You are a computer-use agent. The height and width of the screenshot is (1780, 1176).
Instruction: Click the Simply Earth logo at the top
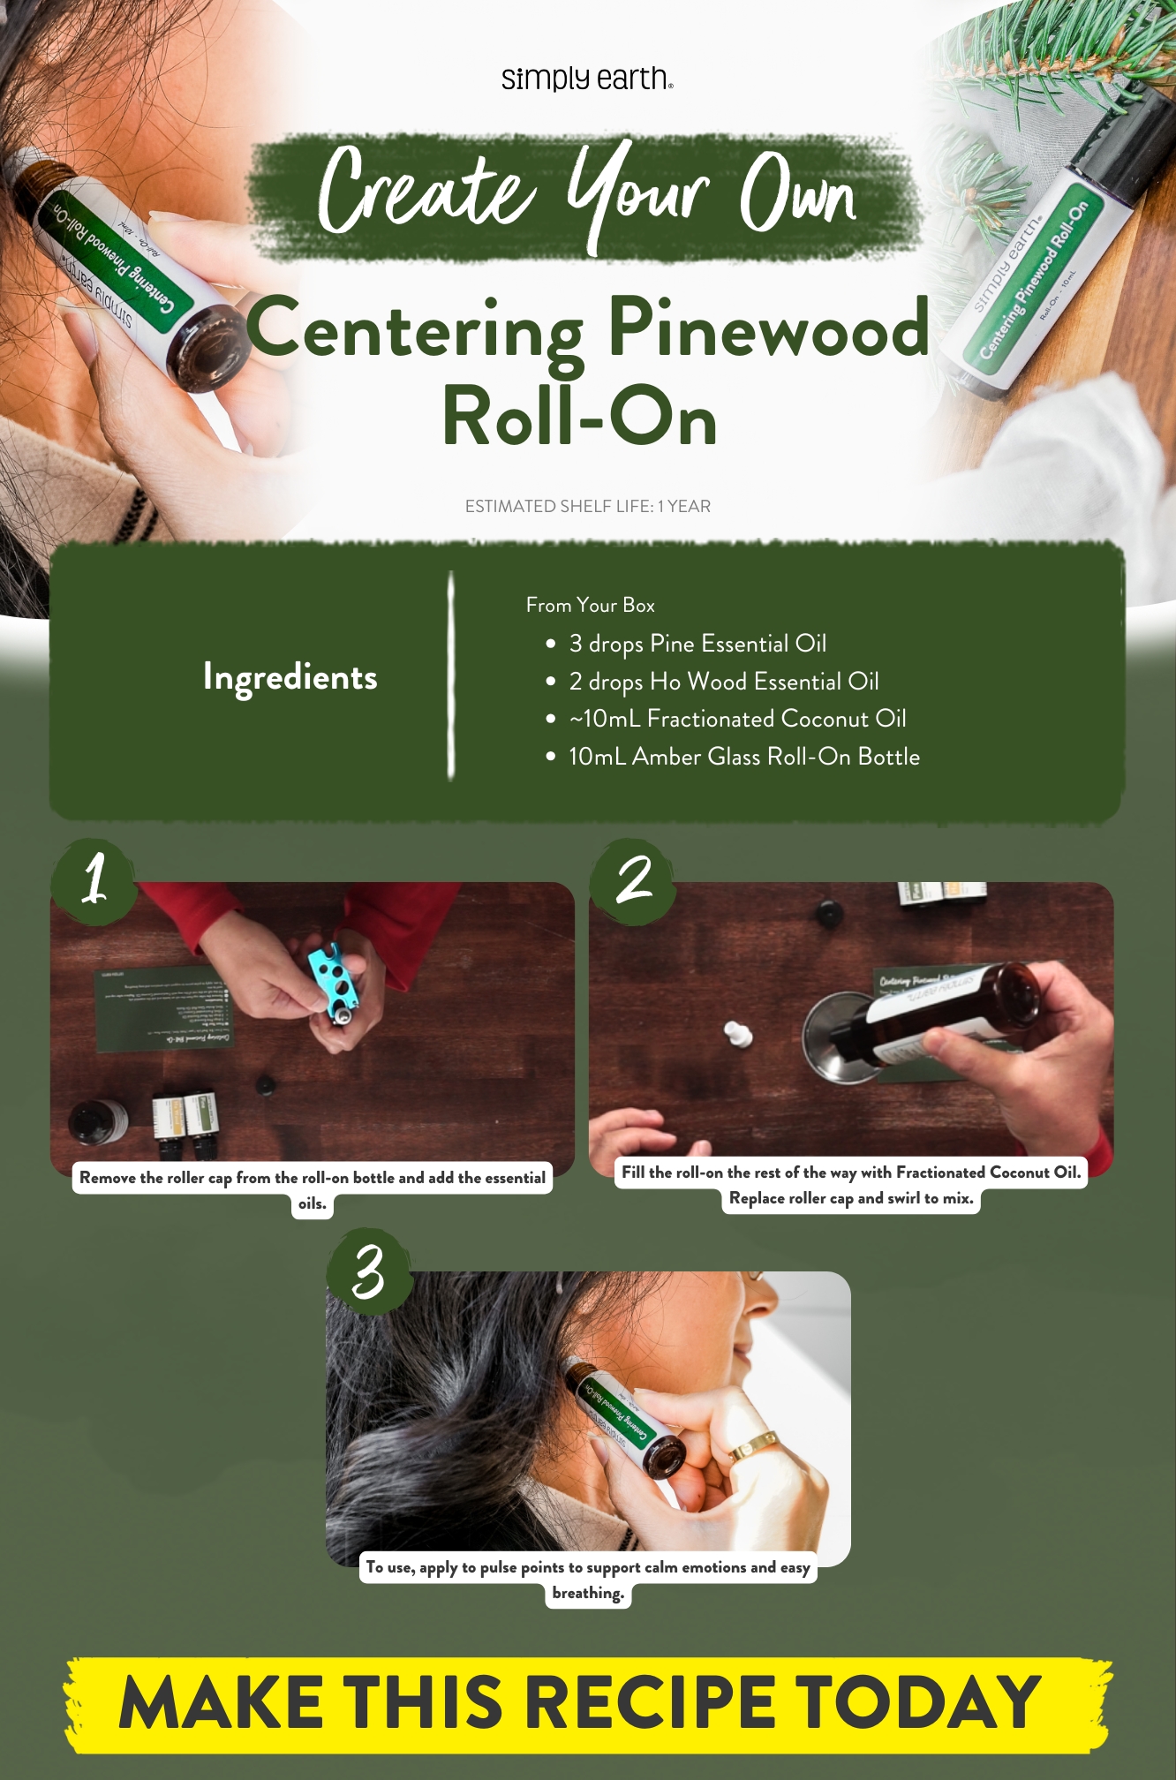(x=587, y=79)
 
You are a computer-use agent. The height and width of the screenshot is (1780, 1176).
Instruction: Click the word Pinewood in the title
(x=768, y=329)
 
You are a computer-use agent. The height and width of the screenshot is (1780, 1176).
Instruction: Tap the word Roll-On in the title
(x=579, y=418)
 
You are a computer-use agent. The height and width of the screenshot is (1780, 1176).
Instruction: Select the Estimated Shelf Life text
(x=587, y=506)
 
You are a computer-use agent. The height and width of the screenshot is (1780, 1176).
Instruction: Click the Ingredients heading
(x=290, y=677)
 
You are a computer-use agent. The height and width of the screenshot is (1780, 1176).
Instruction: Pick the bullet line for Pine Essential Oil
(x=697, y=644)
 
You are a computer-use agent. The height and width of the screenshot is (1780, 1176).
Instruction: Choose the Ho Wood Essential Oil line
(x=723, y=682)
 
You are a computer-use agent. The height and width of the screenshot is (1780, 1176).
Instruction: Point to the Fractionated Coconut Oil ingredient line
(x=737, y=719)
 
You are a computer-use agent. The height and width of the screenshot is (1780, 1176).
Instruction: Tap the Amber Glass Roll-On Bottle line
(x=743, y=757)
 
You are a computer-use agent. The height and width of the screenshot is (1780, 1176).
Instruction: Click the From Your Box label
(x=590, y=605)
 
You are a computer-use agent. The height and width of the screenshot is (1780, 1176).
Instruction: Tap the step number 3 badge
(x=369, y=1271)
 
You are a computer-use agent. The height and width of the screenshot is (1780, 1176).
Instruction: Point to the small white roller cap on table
(x=738, y=1033)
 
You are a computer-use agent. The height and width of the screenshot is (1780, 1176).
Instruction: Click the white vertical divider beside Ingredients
(x=451, y=675)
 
